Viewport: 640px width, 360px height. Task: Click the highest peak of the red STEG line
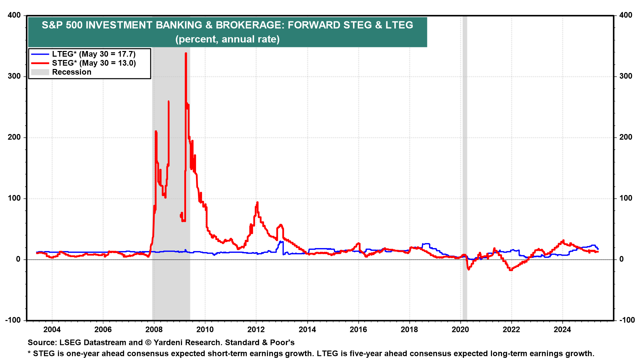tap(186, 53)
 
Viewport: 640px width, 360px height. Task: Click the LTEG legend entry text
tap(94, 54)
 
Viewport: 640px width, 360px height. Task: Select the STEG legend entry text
tap(94, 63)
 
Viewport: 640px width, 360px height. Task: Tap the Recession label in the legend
tap(72, 72)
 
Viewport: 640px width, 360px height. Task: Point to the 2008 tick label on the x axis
tap(154, 330)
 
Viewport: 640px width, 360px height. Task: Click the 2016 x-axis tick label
tap(358, 330)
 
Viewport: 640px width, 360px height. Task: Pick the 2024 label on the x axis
tap(562, 330)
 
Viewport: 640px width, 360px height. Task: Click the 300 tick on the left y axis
tap(14, 76)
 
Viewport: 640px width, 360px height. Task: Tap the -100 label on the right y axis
tap(627, 320)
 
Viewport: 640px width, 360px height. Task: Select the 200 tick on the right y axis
tap(626, 137)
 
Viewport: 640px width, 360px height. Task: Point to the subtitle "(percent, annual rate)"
tap(227, 39)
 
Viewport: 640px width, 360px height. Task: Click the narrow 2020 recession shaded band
tap(465, 167)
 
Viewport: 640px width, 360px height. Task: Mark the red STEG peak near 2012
tap(257, 202)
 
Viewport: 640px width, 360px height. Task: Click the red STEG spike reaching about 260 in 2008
tap(169, 102)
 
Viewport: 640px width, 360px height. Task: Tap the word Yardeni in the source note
tap(168, 343)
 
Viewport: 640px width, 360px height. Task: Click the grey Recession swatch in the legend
tap(40, 72)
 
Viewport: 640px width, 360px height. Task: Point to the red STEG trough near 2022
tap(510, 270)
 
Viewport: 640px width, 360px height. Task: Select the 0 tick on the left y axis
tap(18, 259)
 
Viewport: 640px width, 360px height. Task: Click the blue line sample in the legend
tap(40, 54)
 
